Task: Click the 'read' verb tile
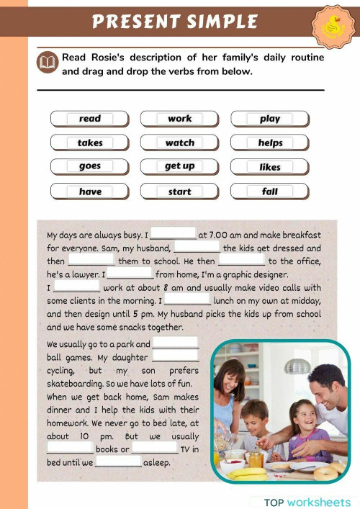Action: [90, 119]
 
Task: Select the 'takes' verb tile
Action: [90, 143]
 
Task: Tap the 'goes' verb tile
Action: [90, 166]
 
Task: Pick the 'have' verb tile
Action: [90, 192]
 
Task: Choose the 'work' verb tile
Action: [180, 119]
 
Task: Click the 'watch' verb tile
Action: [180, 143]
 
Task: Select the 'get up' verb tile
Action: [180, 166]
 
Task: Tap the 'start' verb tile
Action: [180, 192]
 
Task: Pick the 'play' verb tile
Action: [270, 119]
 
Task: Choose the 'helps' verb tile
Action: [270, 143]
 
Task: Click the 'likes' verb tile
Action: [270, 167]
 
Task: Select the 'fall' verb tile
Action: [270, 192]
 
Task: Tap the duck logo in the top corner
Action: [333, 27]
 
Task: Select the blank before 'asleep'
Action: [118, 462]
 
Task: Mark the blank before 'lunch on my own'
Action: [187, 299]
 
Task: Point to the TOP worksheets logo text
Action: [307, 502]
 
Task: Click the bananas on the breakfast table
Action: [248, 472]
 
